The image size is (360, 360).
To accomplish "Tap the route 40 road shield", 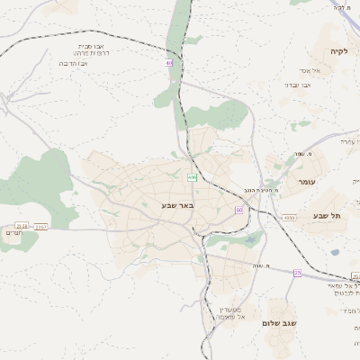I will (x=168, y=62).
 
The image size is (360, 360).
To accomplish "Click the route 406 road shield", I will (x=192, y=177).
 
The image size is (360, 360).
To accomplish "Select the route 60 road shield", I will (x=239, y=209).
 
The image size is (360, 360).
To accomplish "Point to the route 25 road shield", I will (x=297, y=272).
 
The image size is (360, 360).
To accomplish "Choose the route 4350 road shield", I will (x=288, y=218).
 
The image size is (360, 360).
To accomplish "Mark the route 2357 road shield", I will (x=41, y=227).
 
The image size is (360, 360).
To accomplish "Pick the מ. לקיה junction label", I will (x=341, y=7).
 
